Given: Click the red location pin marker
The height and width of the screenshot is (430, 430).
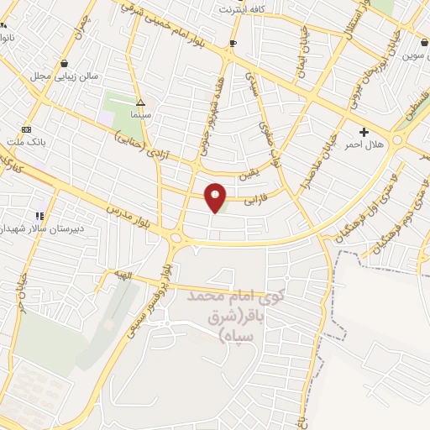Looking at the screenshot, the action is (x=215, y=197).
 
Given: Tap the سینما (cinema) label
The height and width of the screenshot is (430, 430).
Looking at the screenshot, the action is (x=139, y=110).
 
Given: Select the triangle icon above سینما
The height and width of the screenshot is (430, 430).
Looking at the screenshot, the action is (x=140, y=98).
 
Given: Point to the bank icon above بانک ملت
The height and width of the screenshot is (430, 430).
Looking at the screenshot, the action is (x=26, y=129).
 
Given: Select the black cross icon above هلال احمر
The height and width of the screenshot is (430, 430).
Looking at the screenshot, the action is (x=364, y=132).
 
